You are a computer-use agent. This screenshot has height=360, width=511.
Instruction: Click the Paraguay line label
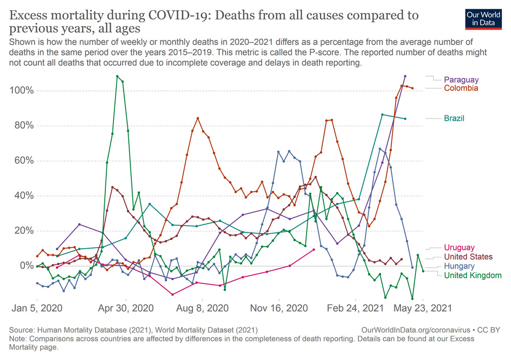point(461,80)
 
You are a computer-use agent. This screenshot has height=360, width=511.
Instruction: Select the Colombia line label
point(461,88)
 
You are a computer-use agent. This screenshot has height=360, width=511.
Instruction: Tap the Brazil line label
point(454,118)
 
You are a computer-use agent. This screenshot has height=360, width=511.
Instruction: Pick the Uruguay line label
point(459,248)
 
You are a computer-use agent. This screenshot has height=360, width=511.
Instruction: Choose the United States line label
point(468,257)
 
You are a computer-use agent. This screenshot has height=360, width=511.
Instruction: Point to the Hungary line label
point(459,266)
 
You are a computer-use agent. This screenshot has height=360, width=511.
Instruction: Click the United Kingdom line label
point(473,275)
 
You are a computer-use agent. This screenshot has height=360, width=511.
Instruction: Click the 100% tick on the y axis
point(21,91)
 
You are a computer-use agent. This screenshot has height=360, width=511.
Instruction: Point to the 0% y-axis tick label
point(25,266)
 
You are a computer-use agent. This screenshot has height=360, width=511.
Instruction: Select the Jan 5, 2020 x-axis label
point(37,308)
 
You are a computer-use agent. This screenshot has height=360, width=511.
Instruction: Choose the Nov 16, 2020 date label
point(279,308)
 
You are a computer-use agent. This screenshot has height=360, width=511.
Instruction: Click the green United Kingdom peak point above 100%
point(117,76)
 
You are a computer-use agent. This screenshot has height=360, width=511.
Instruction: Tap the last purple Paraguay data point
point(405,76)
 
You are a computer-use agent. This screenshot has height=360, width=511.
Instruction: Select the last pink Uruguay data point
point(313,250)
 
